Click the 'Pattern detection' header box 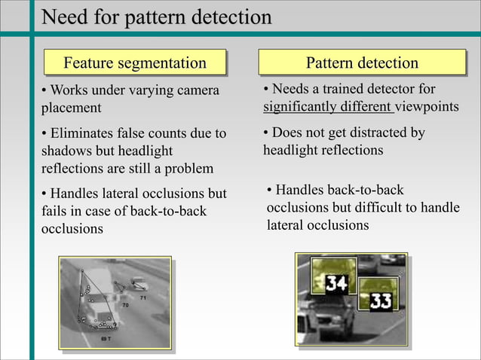362,63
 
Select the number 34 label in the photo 336,284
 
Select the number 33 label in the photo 381,302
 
